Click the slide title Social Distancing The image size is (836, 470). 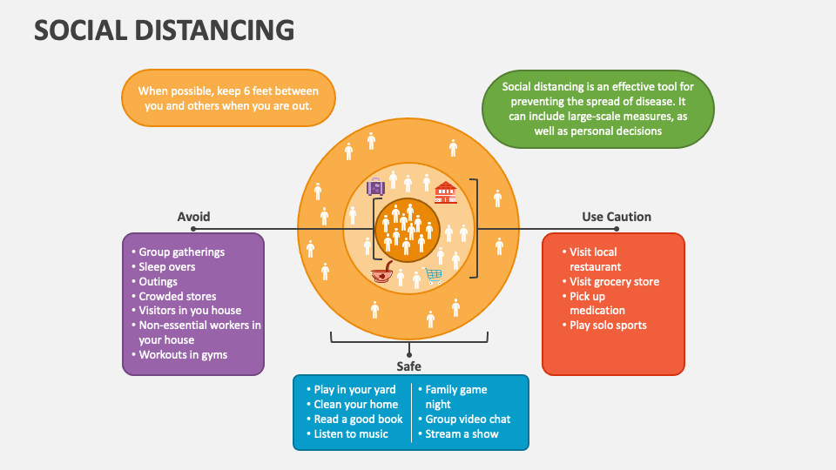coord(165,30)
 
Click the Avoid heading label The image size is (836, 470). coord(193,217)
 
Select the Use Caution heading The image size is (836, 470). coord(617,217)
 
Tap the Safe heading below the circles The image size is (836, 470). coord(409,366)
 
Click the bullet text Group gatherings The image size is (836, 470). coord(182,252)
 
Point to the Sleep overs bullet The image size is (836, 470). coord(167,267)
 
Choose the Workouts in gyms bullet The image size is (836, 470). coord(183,355)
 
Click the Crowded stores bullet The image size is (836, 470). coord(178,297)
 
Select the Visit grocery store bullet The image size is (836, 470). coord(614,282)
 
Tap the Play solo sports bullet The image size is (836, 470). coord(608,326)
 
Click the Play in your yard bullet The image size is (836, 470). coord(354,390)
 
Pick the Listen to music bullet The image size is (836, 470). coord(351,434)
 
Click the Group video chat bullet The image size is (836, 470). coord(468,420)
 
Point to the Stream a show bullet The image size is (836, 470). coord(462,434)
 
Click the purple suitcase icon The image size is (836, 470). coord(375,187)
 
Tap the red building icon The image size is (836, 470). coord(445,191)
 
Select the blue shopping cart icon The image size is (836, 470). coord(434,276)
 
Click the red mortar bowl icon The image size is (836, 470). coord(382,276)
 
